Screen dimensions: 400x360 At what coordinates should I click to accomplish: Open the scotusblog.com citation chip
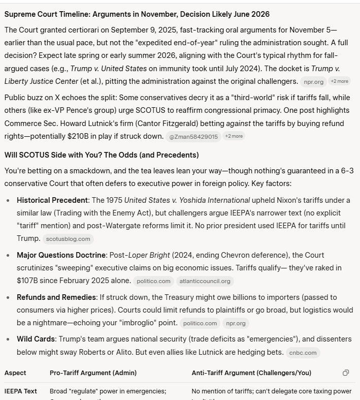68,238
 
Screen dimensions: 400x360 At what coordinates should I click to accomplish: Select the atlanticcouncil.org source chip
205,281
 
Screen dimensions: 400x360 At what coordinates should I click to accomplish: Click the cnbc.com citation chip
303,352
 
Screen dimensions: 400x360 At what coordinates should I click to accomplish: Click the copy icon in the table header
346,373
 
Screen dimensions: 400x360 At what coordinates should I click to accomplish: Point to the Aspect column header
15,373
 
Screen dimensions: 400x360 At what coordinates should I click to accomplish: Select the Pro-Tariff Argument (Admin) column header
93,373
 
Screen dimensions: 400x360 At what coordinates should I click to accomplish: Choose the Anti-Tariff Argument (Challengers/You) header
251,373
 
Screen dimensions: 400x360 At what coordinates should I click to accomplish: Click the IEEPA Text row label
21,391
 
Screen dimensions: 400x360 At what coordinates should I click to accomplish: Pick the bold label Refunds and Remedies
55,297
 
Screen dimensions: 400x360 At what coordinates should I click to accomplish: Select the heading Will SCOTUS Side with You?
102,155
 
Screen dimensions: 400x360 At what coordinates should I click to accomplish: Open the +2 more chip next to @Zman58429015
234,136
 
